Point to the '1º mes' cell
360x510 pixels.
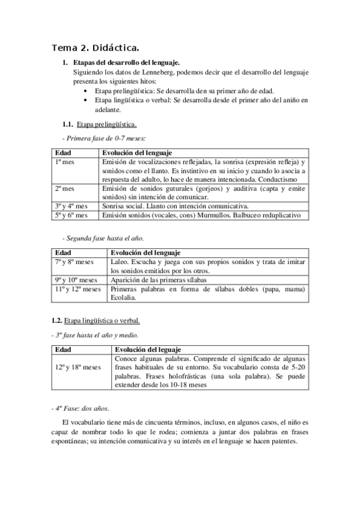[63, 162]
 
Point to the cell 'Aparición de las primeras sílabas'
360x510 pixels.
[158, 280]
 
